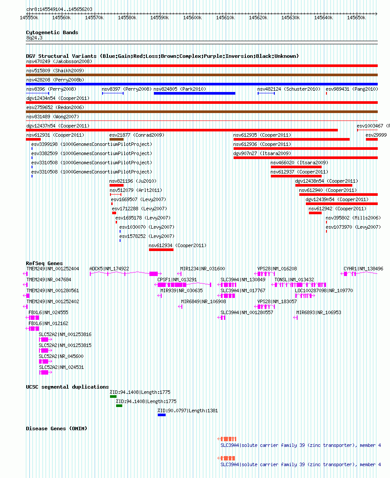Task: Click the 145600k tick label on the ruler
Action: pos(192,18)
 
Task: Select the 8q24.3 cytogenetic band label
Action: pos(34,38)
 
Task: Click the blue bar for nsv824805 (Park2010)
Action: pos(195,93)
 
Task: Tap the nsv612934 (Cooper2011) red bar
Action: pos(161,250)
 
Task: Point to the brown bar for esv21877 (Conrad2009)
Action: pos(117,139)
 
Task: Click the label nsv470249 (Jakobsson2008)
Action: pos(59,61)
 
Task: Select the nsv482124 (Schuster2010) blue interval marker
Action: pos(266,93)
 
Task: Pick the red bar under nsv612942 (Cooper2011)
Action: pos(316,213)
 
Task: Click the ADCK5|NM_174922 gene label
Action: pos(109,269)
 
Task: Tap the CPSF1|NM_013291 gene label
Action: pos(177,280)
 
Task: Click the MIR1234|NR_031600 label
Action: pos(202,269)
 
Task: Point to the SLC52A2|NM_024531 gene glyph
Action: pos(46,372)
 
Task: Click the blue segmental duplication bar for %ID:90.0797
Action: pos(162,415)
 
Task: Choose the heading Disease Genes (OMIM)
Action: pos(57,428)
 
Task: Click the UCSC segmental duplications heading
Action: pos(67,387)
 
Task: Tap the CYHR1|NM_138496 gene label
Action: pos(363,269)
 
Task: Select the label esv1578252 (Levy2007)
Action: pos(147,236)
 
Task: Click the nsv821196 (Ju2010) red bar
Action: pos(117,185)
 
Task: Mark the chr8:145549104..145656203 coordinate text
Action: pos(59,9)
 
